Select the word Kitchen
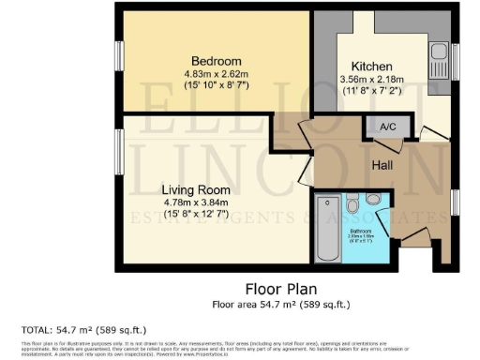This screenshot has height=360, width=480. (372, 66)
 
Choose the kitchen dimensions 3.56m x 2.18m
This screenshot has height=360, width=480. (372, 80)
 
